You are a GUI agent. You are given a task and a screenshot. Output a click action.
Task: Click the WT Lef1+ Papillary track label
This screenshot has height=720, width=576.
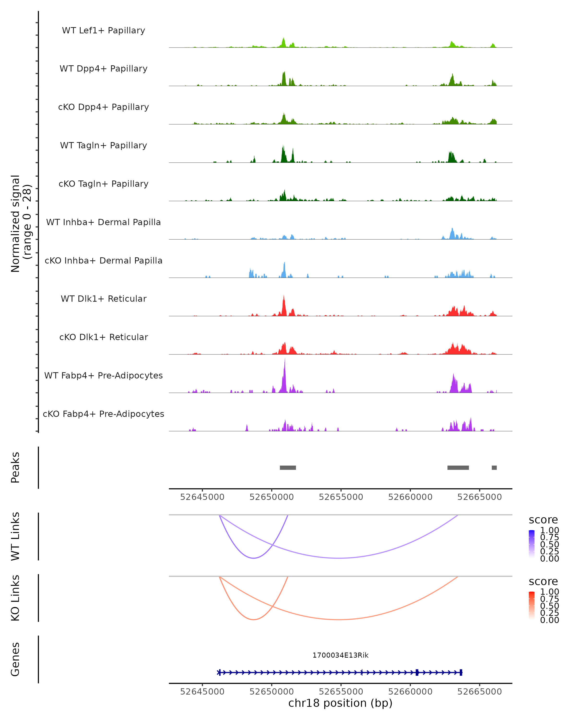tap(103, 30)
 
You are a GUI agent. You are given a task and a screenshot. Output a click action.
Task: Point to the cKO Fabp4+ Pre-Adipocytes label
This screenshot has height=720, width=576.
tap(103, 414)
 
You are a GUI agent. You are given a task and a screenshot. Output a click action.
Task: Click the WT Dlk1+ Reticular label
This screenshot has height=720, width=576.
tap(103, 299)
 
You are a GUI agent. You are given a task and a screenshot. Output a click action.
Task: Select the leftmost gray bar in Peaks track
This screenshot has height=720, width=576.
tap(288, 468)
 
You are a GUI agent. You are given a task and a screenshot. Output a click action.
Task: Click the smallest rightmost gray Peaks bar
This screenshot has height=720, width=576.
tap(494, 468)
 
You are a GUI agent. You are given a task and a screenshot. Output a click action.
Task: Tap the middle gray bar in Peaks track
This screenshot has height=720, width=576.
tap(458, 468)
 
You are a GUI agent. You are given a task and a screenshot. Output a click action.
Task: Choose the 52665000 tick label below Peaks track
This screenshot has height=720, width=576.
tap(480, 497)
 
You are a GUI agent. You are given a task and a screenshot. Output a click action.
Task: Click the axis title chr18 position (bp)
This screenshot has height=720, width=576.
tap(340, 703)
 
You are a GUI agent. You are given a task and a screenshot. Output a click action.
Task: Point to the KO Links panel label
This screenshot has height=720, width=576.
tap(15, 598)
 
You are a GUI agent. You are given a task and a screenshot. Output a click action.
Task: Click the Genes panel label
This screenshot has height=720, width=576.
tap(15, 659)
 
